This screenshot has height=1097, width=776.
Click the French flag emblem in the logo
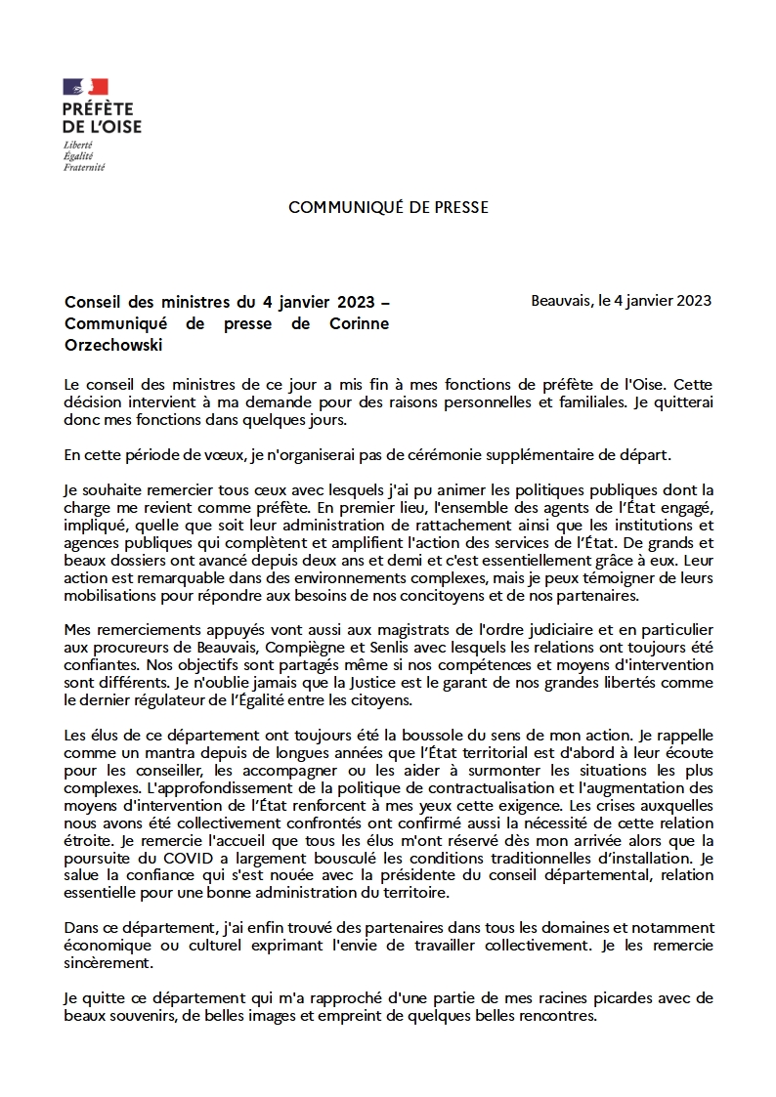[86, 87]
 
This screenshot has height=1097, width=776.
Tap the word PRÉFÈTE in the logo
[98, 109]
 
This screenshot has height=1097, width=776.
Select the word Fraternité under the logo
[83, 167]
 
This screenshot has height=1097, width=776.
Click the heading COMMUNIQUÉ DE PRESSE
[388, 208]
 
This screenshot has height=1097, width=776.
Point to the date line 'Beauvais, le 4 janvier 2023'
[622, 300]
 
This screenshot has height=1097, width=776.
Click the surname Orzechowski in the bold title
[112, 346]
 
